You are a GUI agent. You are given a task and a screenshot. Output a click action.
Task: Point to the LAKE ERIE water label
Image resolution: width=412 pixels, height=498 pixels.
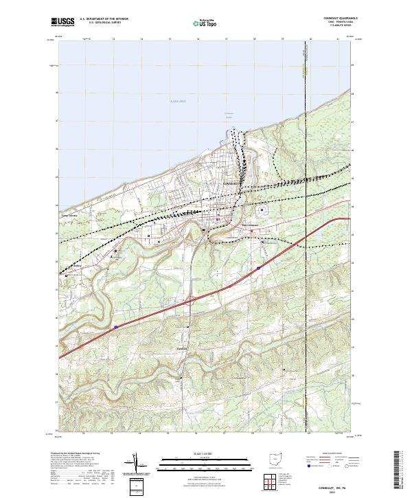[x=179, y=101]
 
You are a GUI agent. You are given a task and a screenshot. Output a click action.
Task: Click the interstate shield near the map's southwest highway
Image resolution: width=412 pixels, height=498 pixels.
[x=116, y=327]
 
